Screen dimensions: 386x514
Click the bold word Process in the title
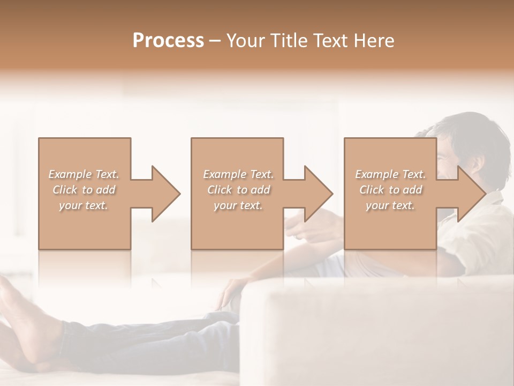(x=168, y=41)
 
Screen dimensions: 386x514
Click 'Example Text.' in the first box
(x=84, y=174)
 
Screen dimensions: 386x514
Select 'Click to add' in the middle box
(x=238, y=190)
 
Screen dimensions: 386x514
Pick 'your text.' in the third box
(x=390, y=205)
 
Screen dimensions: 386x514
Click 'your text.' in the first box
(x=84, y=205)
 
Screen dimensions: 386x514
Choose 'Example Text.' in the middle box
(x=238, y=174)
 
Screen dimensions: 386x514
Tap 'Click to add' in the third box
(x=390, y=190)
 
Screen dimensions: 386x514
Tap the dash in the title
(x=215, y=41)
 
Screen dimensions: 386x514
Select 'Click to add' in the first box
(x=84, y=190)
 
